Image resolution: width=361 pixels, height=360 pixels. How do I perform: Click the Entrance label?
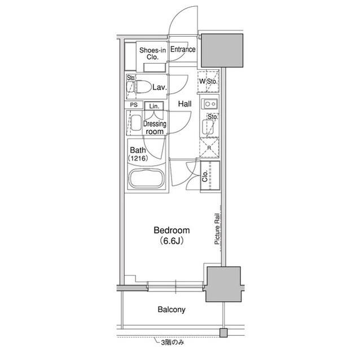pos(183,49)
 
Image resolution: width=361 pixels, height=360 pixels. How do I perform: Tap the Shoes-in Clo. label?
pos(152,54)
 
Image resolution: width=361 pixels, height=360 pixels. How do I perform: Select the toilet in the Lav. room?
pos(140,87)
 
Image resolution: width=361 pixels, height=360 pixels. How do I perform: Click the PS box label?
pos(134,105)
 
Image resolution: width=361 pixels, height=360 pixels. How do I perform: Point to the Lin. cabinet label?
pos(154,106)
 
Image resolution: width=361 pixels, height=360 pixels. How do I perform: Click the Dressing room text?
pos(155,127)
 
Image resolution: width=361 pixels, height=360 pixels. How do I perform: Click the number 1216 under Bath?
pos(138,158)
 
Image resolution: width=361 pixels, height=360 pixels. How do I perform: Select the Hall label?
pos(184,104)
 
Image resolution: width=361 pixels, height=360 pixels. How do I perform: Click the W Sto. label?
pos(208,81)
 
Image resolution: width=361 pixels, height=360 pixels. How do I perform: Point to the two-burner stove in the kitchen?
pos(210,104)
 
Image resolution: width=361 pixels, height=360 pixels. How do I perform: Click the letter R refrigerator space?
pos(209,148)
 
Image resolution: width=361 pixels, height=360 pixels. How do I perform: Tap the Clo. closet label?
pos(205,176)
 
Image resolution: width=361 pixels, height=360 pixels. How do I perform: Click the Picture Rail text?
pos(217,229)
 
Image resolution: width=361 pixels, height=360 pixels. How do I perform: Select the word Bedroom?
pos(171,230)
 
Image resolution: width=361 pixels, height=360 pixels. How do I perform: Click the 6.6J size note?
pos(171,241)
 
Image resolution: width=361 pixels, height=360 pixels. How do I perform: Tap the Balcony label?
pos(171,309)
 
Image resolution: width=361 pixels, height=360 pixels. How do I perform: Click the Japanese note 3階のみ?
pos(173,343)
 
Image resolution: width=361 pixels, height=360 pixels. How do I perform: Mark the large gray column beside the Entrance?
pos(222,51)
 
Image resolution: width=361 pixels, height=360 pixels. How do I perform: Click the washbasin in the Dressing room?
pos(136,123)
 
